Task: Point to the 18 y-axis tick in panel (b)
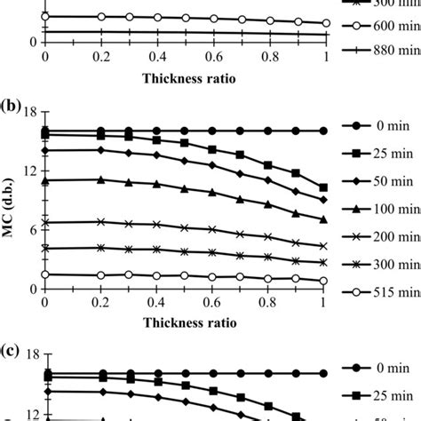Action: (x=28, y=111)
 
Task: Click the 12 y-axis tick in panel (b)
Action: (x=28, y=170)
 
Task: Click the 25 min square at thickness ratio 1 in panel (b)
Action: (x=323, y=187)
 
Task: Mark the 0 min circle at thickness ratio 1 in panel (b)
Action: (x=323, y=131)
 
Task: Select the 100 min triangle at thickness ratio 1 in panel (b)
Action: (x=323, y=218)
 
